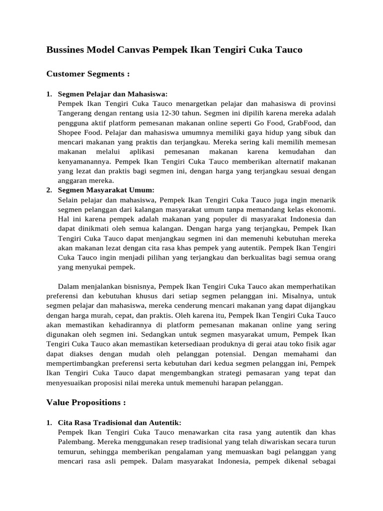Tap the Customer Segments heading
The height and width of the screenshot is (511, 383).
coord(88,74)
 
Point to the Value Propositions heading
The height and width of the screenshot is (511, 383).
coord(86,402)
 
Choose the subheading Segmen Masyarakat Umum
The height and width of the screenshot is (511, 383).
coord(106,190)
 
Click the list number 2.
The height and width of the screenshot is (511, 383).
coord(49,190)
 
